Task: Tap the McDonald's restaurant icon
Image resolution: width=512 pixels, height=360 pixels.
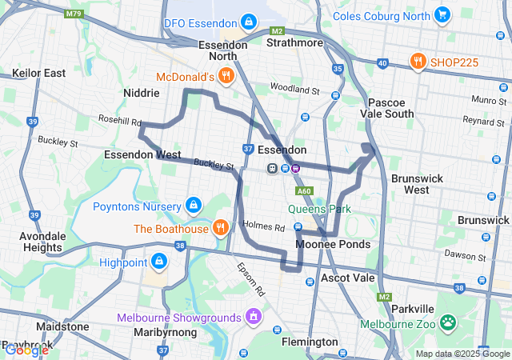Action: (x=226, y=77)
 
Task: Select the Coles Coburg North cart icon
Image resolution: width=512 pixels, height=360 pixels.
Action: (x=442, y=14)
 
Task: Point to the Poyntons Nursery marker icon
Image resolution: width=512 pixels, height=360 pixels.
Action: (x=194, y=206)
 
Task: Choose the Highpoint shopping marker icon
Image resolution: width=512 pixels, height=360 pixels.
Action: (x=159, y=262)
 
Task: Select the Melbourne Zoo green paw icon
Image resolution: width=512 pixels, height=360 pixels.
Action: (x=449, y=324)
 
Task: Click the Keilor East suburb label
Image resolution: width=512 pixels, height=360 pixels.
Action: (x=38, y=73)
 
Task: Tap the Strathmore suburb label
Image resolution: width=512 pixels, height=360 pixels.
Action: (x=294, y=42)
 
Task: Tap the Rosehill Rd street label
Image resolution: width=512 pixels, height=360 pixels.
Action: (x=119, y=122)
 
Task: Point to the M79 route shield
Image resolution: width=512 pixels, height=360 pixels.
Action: (x=74, y=14)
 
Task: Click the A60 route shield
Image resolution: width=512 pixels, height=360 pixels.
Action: (x=303, y=191)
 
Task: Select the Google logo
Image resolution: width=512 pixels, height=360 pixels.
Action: (x=26, y=350)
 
